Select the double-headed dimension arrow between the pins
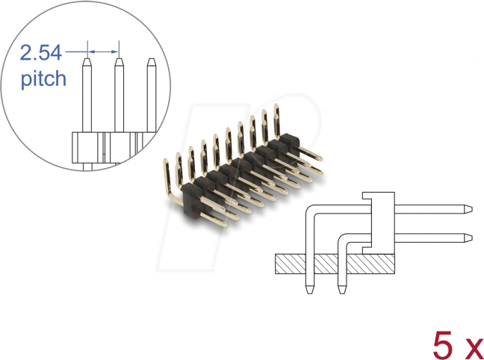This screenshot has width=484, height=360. [x=103, y=52]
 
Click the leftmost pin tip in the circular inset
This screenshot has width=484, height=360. [x=87, y=66]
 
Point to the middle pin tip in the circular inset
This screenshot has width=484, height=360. [x=118, y=66]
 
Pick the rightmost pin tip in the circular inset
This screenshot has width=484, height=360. [x=150, y=66]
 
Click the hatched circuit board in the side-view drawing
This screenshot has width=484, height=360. [x=336, y=263]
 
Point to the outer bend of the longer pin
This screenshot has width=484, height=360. [x=312, y=212]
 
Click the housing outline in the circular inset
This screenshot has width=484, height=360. [x=105, y=146]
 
